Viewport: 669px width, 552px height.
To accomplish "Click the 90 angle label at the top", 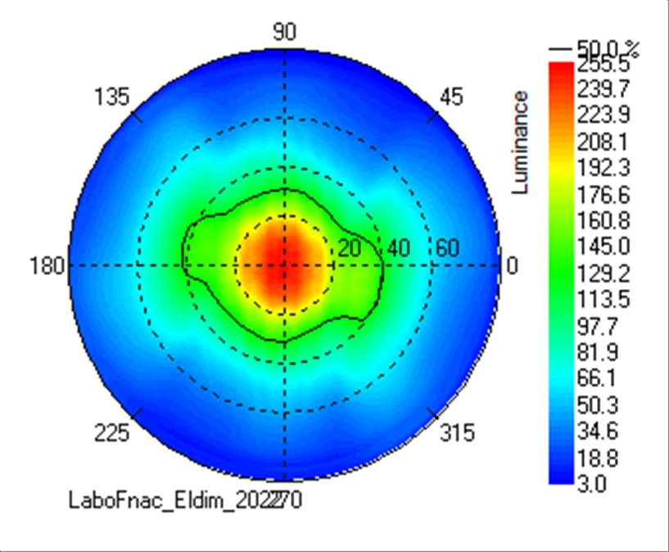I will [x=284, y=32].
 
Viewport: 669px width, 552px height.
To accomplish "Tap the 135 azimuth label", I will [x=112, y=97].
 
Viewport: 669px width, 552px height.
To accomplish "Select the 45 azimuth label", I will [x=451, y=97].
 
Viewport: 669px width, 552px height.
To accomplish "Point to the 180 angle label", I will [x=47, y=266].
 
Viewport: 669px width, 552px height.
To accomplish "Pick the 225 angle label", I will [x=111, y=432].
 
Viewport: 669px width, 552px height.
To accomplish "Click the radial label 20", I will [x=350, y=248].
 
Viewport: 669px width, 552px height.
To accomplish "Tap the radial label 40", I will [x=399, y=248].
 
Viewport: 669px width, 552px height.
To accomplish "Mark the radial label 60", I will [x=447, y=247].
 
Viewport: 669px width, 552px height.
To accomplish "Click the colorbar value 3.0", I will [x=591, y=483].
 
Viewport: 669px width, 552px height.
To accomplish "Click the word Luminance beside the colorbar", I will [x=520, y=143].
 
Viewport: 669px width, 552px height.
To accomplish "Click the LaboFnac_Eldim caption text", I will [x=184, y=500].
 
